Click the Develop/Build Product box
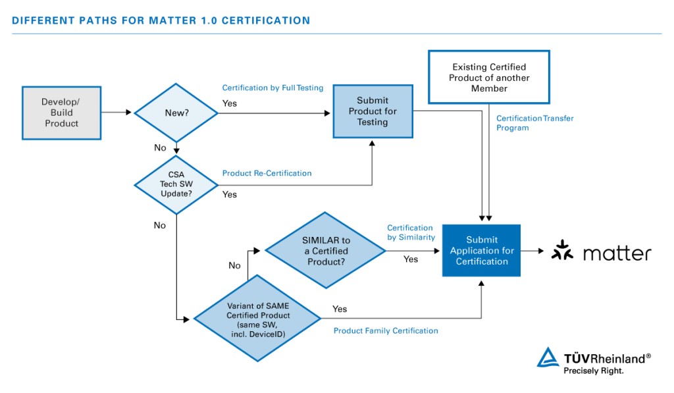tap(61, 113)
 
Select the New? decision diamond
tap(176, 113)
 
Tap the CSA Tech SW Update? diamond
tap(176, 184)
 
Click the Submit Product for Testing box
tap(373, 111)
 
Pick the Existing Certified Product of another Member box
tap(489, 78)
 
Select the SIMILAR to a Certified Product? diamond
tap(326, 251)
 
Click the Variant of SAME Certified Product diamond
tap(258, 319)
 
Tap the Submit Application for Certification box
tap(481, 251)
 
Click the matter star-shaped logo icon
tap(561, 252)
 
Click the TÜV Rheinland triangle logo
tap(548, 357)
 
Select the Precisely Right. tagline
tap(592, 371)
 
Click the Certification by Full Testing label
tap(272, 88)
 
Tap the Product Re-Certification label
tap(267, 174)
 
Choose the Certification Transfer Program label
tap(534, 123)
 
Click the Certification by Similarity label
tap(411, 232)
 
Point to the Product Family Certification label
tap(385, 330)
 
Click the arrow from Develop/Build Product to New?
tap(117, 113)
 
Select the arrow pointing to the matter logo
tap(532, 251)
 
